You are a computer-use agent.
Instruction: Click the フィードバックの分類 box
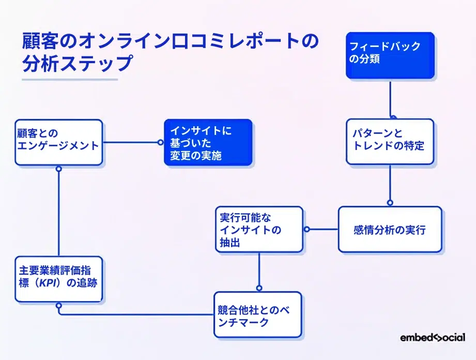[390, 55]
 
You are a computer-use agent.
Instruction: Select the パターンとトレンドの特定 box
[390, 142]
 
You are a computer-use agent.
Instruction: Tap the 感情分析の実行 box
[390, 229]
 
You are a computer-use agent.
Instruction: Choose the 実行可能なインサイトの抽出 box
[259, 229]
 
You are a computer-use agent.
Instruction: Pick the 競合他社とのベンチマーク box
[258, 314]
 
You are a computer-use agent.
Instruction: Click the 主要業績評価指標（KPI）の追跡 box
[58, 279]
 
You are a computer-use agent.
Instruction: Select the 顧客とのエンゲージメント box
[58, 142]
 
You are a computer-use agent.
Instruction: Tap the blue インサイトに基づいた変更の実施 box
[208, 142]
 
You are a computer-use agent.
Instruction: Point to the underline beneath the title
[70, 80]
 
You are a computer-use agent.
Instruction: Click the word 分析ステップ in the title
[78, 64]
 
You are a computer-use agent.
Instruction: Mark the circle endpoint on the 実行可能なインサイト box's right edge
[306, 229]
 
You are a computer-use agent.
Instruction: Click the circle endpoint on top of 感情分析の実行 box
[390, 203]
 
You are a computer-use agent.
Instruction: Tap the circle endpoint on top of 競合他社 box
[259, 289]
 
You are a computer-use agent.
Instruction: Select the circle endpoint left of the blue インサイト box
[160, 142]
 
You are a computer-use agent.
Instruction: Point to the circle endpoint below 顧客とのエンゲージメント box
[59, 169]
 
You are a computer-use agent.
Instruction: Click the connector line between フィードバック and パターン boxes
[390, 98]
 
